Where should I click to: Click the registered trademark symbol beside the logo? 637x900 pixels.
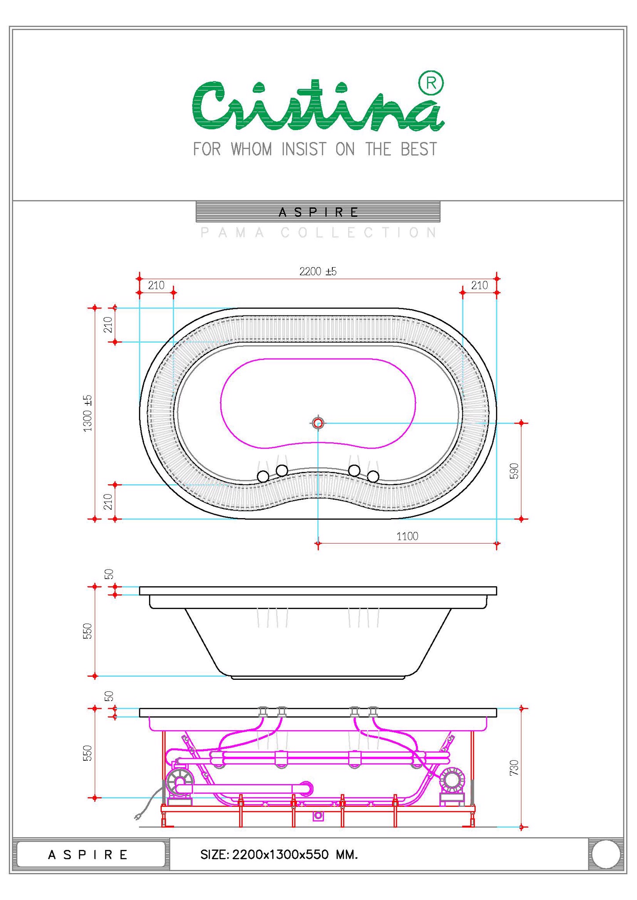431,83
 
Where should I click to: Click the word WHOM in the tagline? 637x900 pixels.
251,149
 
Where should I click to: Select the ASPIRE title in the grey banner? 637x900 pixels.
318,212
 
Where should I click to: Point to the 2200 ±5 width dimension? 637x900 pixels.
318,272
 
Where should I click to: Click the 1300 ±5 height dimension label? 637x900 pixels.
88,413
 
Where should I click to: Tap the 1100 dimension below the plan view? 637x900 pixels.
407,536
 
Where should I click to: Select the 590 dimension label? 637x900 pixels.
514,471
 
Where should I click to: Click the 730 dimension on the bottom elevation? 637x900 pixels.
514,767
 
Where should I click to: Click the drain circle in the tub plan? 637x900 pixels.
318,423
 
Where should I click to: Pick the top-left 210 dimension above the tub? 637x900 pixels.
156,286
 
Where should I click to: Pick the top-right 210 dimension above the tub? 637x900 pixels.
479,286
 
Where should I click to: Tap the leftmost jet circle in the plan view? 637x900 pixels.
263,476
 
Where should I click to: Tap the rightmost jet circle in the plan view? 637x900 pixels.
373,476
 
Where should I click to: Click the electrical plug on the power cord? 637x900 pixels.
138,817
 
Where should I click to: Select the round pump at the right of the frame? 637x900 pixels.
452,780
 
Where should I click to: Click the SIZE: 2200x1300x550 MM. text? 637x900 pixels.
279,854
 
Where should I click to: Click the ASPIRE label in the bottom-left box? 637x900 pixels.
88,855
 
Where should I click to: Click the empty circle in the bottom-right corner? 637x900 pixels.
606,854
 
